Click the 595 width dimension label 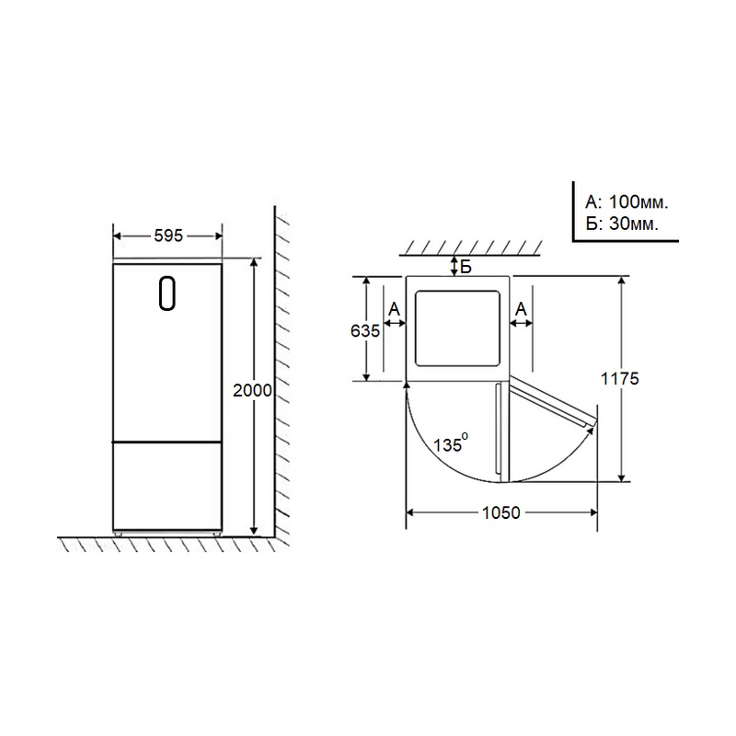168,236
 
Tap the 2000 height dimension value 252,390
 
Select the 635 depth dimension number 364,331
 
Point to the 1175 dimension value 619,378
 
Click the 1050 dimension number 501,512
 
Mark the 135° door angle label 450,443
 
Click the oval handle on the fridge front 167,293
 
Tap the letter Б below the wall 466,267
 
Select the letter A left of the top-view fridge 395,309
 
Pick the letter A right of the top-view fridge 521,309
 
